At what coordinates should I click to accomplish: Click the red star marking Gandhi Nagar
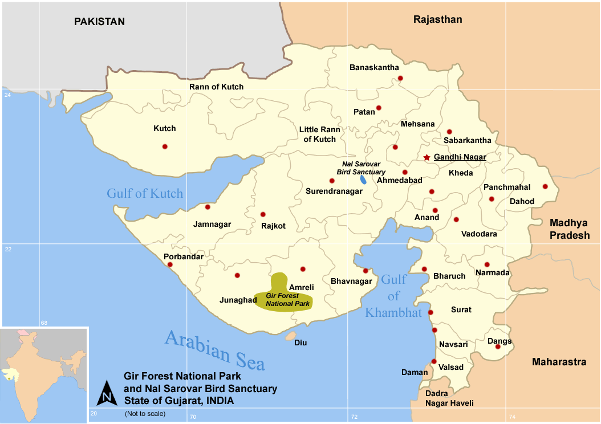(427, 157)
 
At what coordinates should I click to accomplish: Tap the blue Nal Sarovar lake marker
(363, 180)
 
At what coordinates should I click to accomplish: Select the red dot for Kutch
(165, 146)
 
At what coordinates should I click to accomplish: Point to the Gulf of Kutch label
(145, 193)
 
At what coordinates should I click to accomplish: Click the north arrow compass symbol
(107, 393)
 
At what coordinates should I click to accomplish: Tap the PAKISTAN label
(99, 22)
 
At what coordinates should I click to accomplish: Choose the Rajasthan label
(437, 19)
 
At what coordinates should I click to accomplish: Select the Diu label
(300, 343)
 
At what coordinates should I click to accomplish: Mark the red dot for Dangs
(498, 346)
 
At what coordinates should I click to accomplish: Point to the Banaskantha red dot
(400, 78)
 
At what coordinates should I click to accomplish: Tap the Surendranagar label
(334, 191)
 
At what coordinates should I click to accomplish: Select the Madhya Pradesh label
(570, 229)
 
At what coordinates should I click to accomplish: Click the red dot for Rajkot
(263, 214)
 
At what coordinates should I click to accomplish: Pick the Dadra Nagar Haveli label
(449, 398)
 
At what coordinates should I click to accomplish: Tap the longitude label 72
(354, 417)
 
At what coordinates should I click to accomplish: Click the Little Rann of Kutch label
(319, 134)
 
